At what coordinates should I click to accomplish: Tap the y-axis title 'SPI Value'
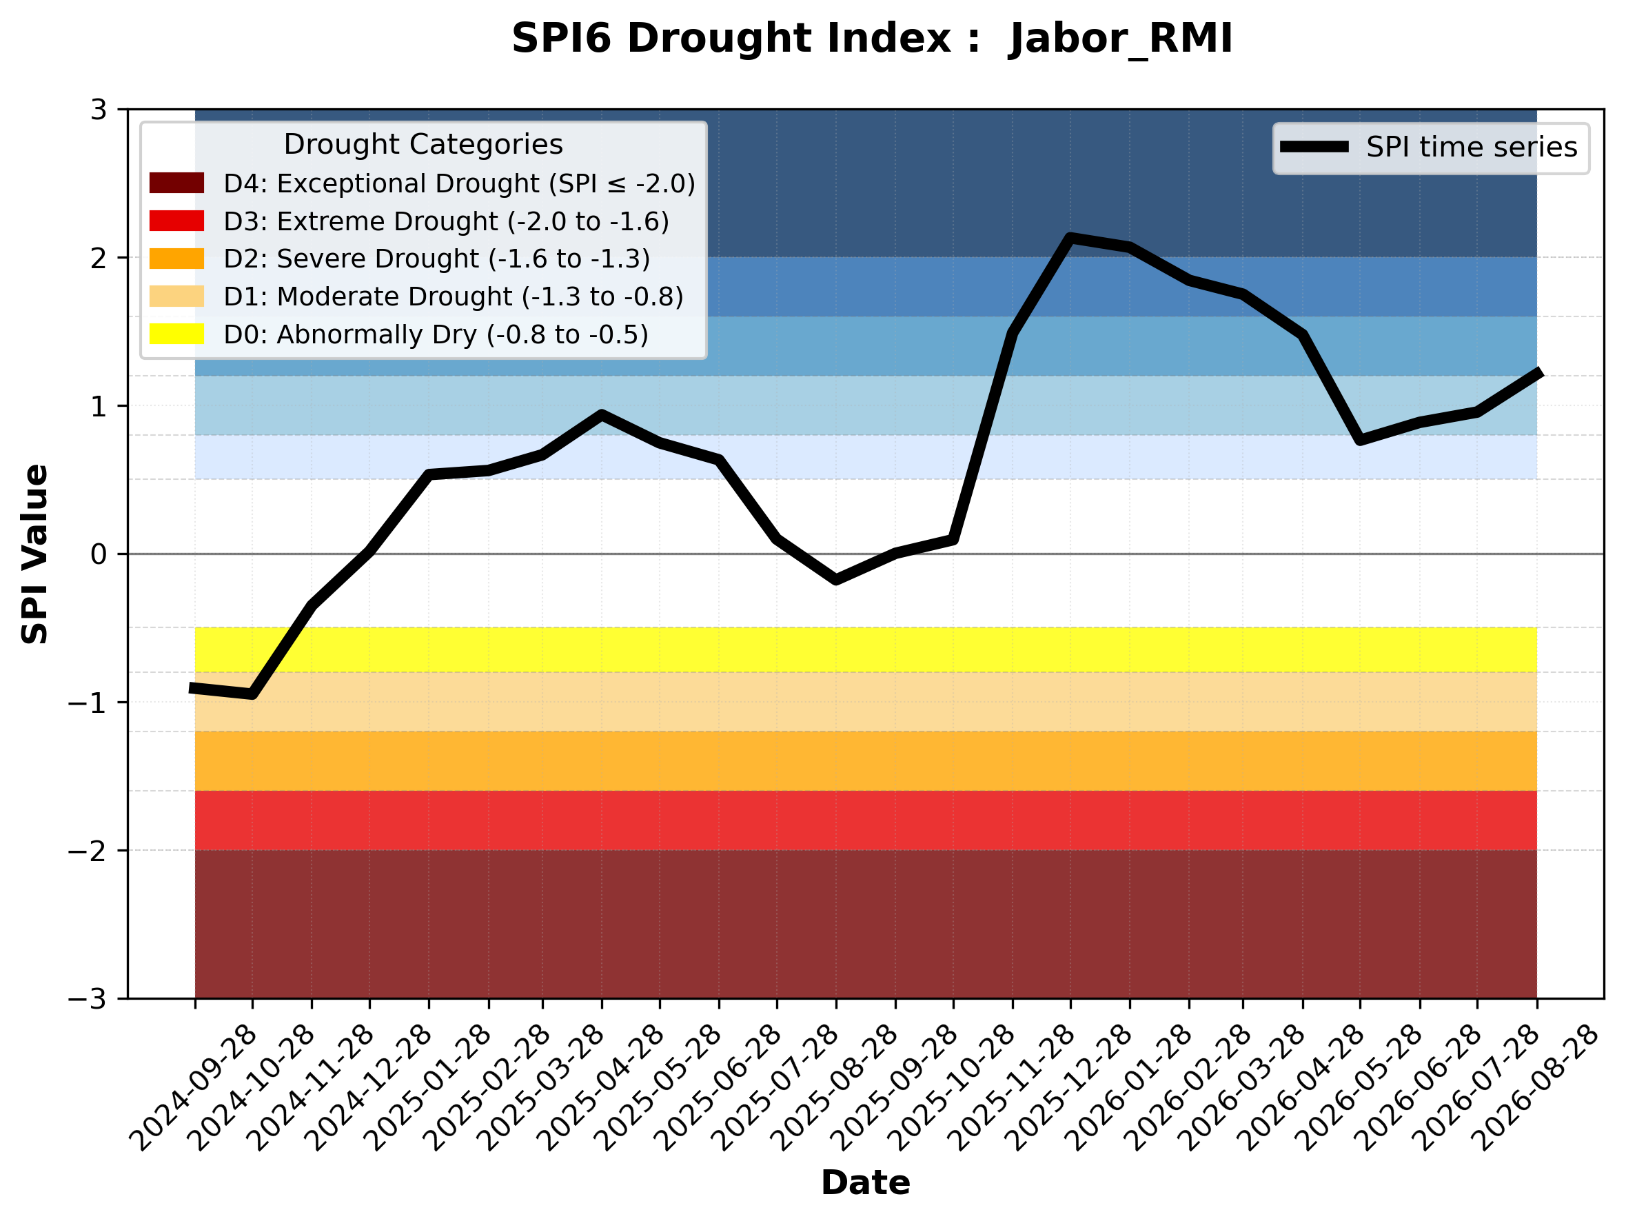point(35,554)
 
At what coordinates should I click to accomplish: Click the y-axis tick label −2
point(88,851)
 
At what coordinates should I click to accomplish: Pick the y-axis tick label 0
point(99,554)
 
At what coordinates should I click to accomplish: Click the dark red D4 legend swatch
point(176,183)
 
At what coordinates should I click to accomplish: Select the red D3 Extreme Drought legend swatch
point(176,221)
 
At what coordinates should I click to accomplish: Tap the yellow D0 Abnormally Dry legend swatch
point(176,334)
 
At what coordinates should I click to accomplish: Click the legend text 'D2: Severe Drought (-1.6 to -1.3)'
point(436,259)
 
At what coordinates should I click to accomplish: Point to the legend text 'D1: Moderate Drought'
point(367,296)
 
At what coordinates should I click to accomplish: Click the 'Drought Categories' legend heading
point(423,144)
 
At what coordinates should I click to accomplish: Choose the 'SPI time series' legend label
point(1472,147)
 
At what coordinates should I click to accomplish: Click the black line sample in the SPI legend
point(1314,147)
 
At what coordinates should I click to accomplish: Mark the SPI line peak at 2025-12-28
point(1070,237)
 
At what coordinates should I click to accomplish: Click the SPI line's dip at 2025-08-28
point(836,580)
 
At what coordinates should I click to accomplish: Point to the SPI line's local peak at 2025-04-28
point(601,414)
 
